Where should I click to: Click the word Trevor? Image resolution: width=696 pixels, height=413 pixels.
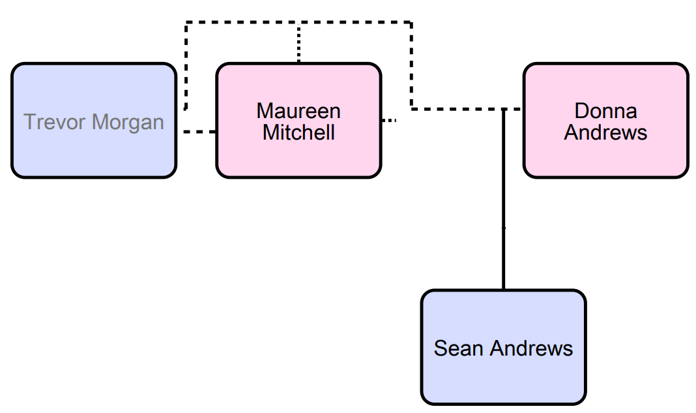tap(55, 122)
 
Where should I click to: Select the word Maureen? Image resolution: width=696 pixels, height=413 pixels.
tap(298, 111)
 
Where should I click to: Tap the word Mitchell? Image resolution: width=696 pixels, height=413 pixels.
tap(298, 132)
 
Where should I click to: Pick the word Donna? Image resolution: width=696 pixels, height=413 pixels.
tap(605, 111)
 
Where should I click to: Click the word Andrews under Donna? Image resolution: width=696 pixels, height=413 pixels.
tap(605, 132)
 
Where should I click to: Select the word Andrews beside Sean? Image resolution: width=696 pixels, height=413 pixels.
tap(531, 348)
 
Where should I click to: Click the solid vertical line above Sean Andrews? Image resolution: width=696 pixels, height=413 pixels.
tap(503, 196)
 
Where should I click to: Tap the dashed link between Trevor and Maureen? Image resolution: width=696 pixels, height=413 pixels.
tap(199, 132)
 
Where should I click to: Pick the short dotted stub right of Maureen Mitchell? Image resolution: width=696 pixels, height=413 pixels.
tap(388, 121)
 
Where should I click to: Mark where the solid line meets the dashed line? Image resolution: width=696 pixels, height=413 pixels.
tap(503, 109)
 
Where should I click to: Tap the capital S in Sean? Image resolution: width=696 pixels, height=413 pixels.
tap(441, 348)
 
